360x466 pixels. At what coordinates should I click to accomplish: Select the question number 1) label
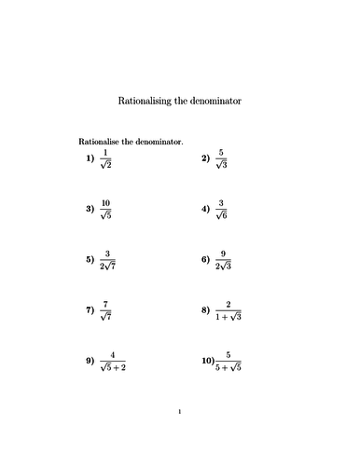coord(90,158)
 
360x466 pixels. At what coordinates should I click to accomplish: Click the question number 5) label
coord(90,260)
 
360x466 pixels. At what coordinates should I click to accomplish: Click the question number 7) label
coord(90,310)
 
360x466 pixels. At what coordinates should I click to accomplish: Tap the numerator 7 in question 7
coord(106,304)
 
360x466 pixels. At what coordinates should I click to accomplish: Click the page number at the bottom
coord(179,435)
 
